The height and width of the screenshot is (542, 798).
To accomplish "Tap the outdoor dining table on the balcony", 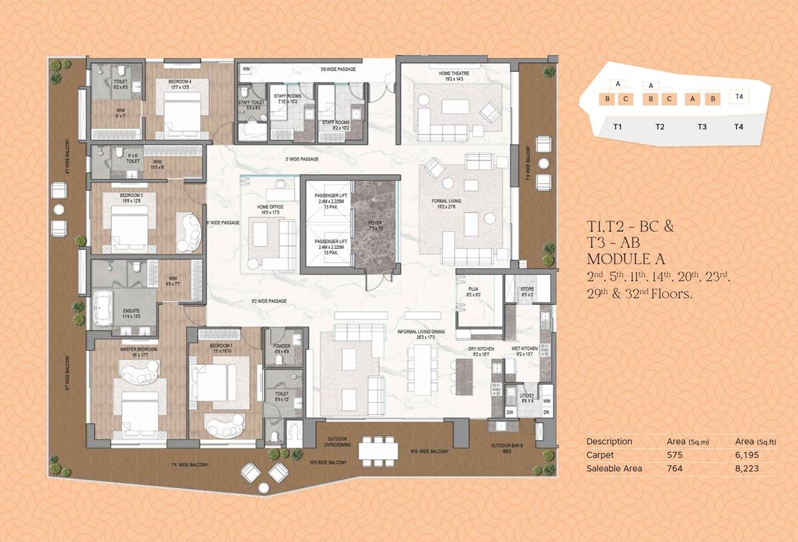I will tap(378, 451).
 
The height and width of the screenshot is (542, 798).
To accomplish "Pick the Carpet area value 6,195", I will tap(747, 455).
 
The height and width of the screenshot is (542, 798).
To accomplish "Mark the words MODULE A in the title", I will tap(625, 258).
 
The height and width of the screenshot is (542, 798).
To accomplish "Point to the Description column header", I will tap(609, 441).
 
